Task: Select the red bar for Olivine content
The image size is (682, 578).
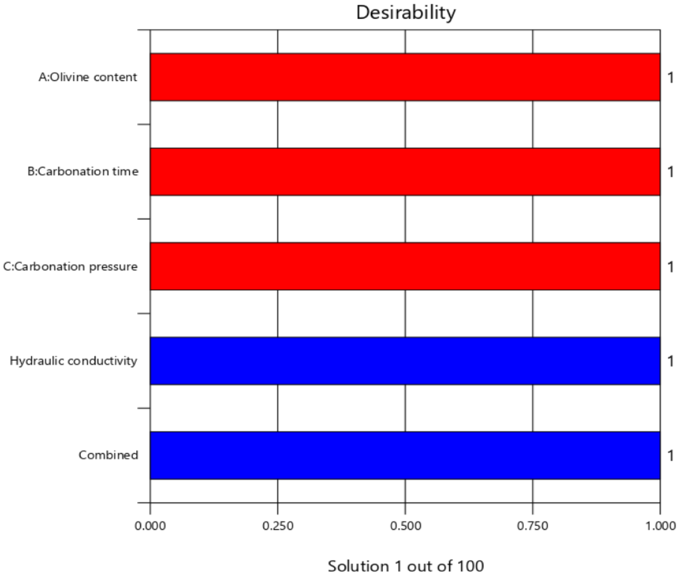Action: point(405,77)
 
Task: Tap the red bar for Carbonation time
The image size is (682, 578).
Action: point(405,172)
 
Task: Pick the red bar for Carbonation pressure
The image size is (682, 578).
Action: point(405,266)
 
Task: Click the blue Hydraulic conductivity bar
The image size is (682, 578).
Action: point(405,361)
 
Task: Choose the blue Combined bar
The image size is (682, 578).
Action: point(405,456)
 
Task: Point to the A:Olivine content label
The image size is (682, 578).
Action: point(88,77)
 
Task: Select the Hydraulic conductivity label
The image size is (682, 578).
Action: point(73,361)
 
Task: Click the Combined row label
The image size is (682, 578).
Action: point(108,455)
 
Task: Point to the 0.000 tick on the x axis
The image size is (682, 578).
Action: point(150,526)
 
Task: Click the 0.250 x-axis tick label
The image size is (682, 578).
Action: point(278,526)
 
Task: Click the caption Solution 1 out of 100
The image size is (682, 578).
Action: point(406,566)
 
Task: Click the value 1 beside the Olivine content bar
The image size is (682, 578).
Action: point(671,78)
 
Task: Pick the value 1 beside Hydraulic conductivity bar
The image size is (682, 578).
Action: point(671,361)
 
